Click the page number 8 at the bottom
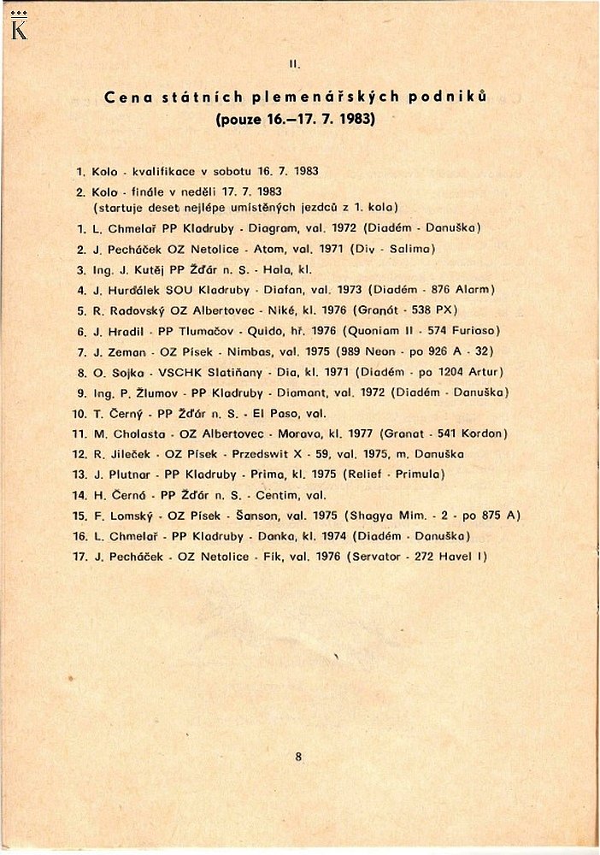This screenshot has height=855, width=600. pos(298,756)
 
